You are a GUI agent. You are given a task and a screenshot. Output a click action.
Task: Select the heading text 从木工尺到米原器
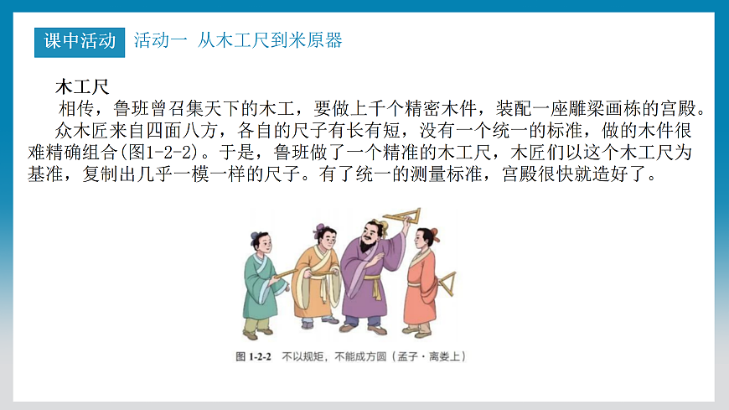[271, 40]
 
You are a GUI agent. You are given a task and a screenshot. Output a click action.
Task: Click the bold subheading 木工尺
[81, 86]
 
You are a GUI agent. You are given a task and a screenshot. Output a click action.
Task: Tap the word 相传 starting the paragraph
[75, 109]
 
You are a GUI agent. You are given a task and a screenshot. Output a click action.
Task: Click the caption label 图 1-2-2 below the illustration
[254, 356]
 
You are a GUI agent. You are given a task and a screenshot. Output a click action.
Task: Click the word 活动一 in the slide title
[160, 40]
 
